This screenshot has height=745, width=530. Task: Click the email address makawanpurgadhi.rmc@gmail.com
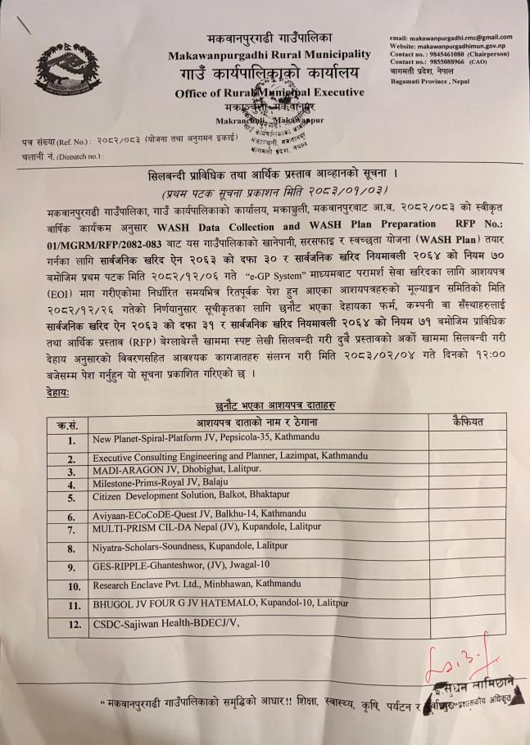(x=451, y=37)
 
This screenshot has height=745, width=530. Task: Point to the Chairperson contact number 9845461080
(x=446, y=55)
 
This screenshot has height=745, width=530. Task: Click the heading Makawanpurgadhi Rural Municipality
(x=270, y=55)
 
